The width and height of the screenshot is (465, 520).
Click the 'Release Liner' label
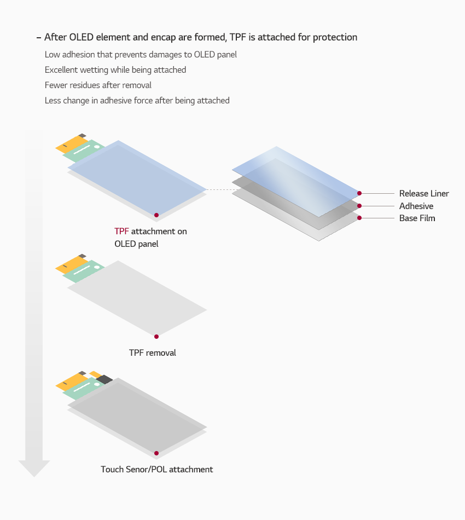[424, 194]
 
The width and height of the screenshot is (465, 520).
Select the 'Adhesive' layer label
[416, 206]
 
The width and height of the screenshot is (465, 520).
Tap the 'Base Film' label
[417, 218]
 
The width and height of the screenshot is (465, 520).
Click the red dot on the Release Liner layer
[359, 193]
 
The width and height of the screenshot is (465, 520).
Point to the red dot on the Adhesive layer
[359, 206]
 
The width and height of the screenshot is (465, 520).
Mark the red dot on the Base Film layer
[359, 218]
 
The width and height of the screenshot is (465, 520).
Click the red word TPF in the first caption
[121, 232]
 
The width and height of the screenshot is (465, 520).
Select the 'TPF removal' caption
[153, 353]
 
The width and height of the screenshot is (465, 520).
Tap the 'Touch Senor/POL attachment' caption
[157, 470]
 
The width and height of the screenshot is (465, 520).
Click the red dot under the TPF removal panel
[156, 337]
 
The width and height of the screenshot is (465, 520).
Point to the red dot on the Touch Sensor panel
[156, 453]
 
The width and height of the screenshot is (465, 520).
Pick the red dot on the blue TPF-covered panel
[156, 215]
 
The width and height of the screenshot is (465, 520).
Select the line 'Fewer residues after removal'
[98, 85]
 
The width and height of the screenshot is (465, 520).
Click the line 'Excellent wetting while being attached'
[115, 70]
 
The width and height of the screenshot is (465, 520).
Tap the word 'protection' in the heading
[334, 37]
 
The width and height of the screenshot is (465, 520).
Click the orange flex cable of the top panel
[70, 144]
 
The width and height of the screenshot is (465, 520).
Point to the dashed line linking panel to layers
[219, 190]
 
